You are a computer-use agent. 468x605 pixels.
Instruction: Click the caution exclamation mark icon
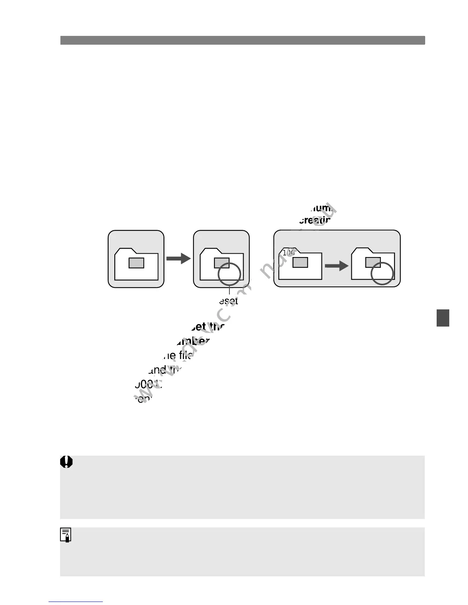67,462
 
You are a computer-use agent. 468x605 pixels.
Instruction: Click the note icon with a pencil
66,535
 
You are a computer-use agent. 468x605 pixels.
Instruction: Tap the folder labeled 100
300,264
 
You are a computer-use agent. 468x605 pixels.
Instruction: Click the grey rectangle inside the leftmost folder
136,263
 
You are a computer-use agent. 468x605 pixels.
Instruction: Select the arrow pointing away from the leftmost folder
178,259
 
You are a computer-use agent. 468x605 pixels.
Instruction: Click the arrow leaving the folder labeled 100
336,265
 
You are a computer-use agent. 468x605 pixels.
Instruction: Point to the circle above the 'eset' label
229,274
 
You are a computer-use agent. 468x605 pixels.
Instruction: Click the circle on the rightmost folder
382,273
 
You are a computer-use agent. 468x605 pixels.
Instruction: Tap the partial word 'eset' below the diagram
229,301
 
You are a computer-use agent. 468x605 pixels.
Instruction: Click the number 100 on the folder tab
289,252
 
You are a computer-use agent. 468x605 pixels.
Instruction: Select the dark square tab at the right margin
443,318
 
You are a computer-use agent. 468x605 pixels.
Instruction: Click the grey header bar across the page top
242,40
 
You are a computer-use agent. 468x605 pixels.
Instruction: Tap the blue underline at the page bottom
76,602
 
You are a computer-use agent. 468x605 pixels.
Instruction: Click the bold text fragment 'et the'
209,327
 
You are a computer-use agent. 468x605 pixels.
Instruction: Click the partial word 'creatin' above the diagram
314,220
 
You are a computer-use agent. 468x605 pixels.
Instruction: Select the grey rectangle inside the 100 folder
300,262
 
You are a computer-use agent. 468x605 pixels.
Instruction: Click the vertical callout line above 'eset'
229,291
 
